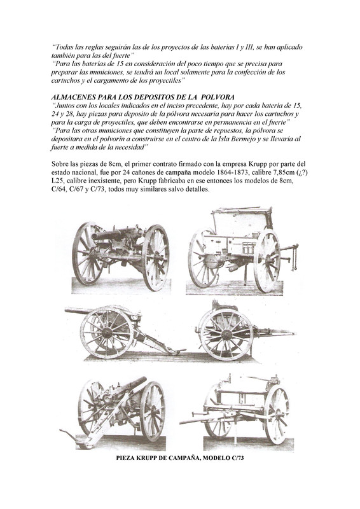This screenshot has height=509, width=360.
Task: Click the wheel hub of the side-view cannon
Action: click(x=106, y=332)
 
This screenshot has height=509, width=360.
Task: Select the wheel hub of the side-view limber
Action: click(x=226, y=335)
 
